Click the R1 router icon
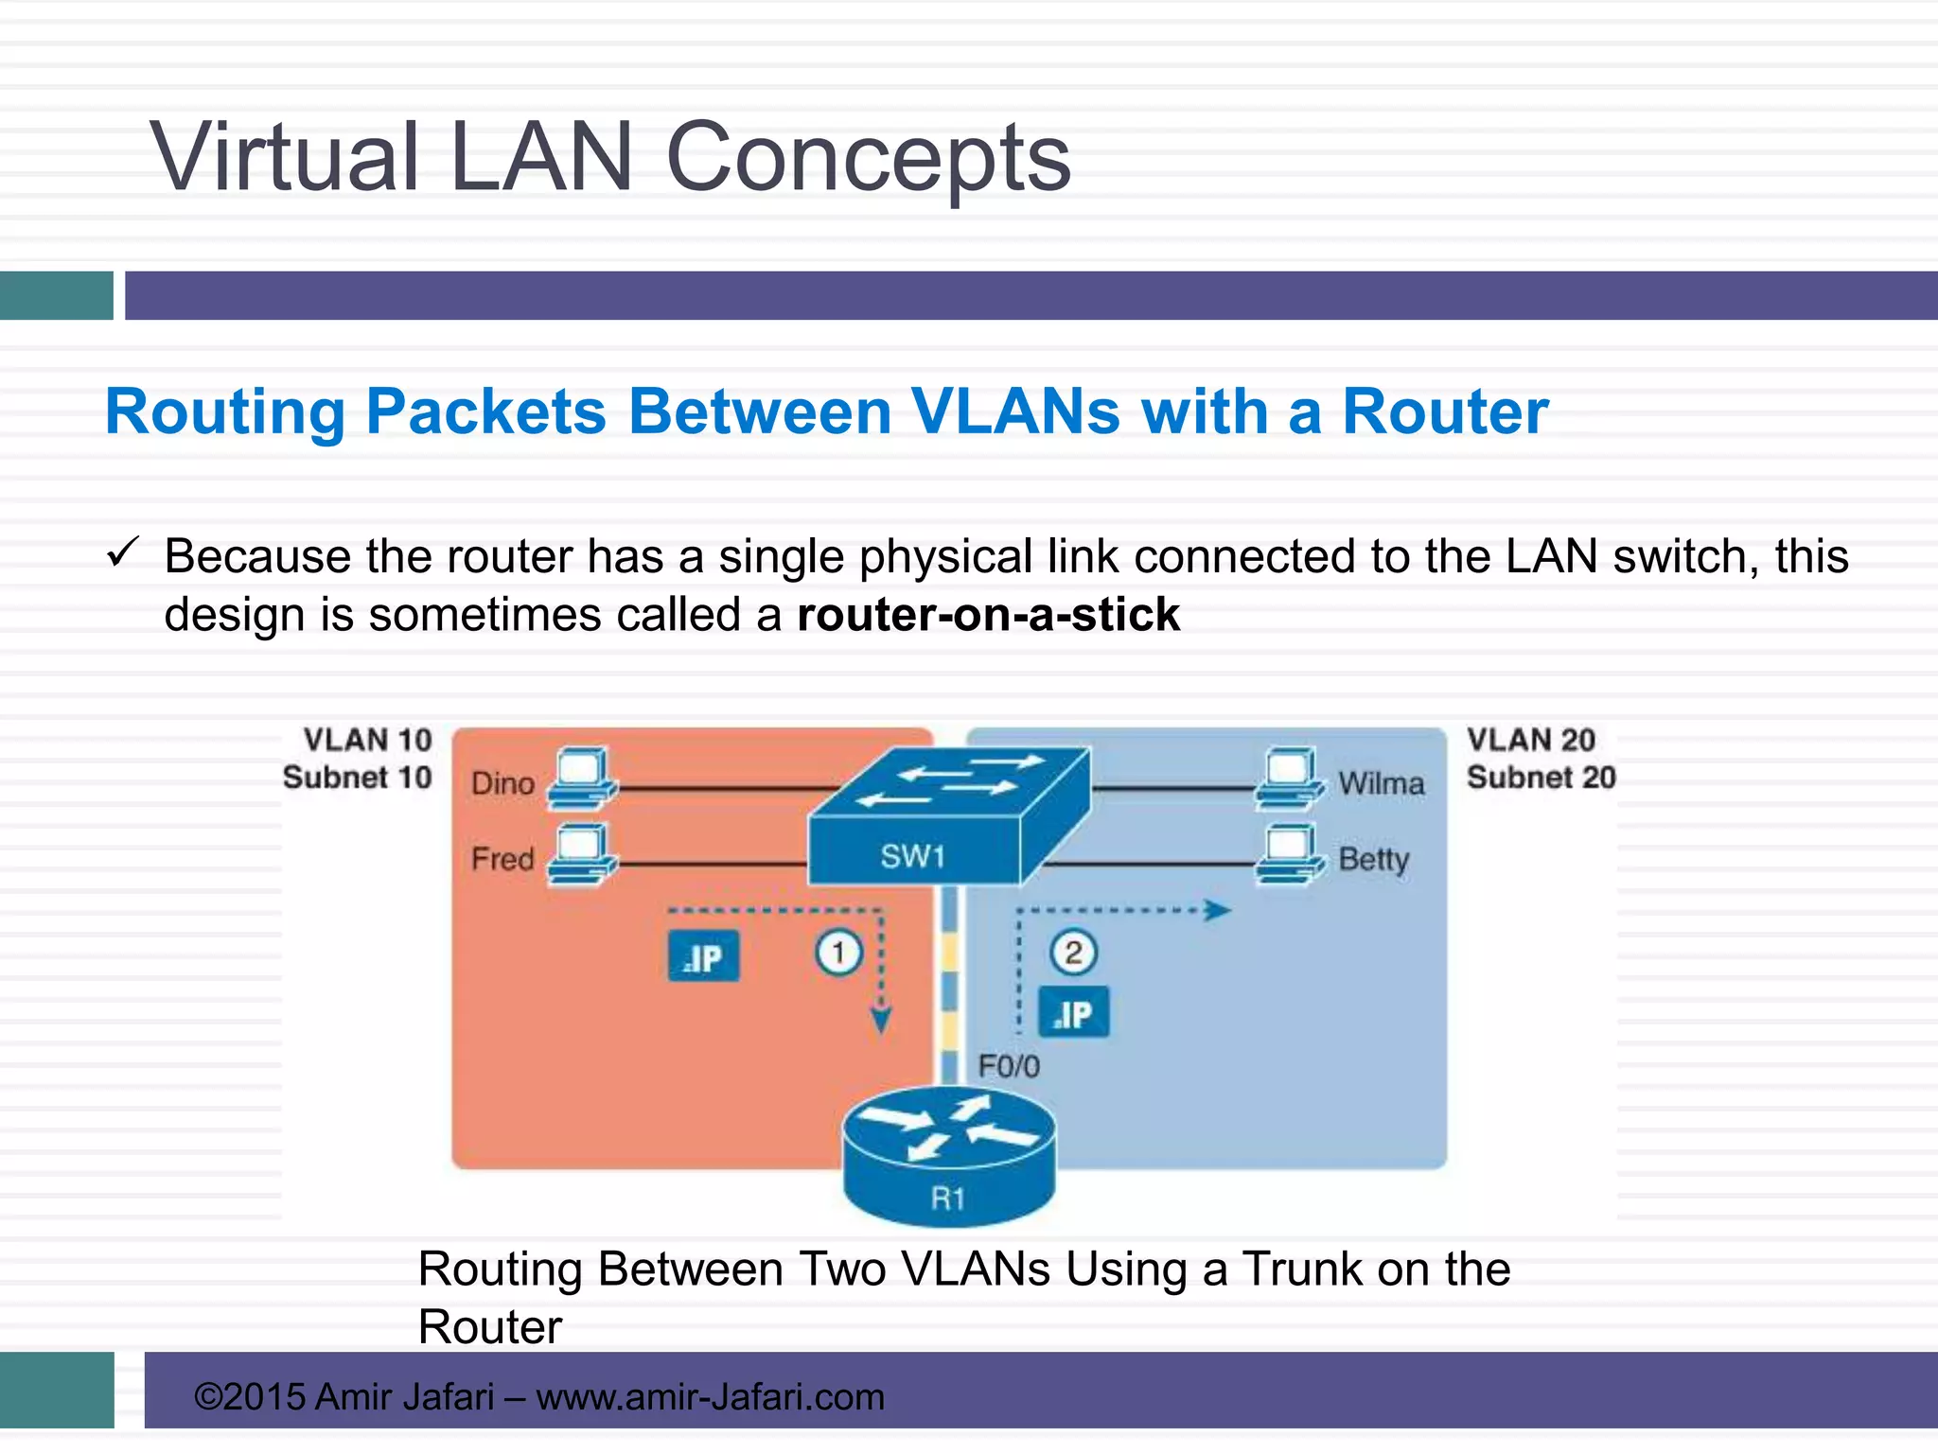(x=948, y=1156)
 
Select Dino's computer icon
(x=582, y=778)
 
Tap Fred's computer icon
(x=582, y=854)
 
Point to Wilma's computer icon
(x=1289, y=779)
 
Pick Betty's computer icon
(x=1289, y=854)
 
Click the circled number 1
(x=838, y=953)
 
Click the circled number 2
(x=1073, y=952)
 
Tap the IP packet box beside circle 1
(x=703, y=957)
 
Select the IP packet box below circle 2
(x=1073, y=1014)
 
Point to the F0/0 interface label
(x=1009, y=1067)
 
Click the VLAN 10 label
(x=367, y=740)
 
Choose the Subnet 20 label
(x=1541, y=778)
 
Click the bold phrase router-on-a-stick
(x=988, y=615)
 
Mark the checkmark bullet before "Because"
(x=123, y=551)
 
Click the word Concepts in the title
(x=868, y=158)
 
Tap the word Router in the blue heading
(x=1445, y=412)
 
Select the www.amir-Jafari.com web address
(x=710, y=1397)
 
